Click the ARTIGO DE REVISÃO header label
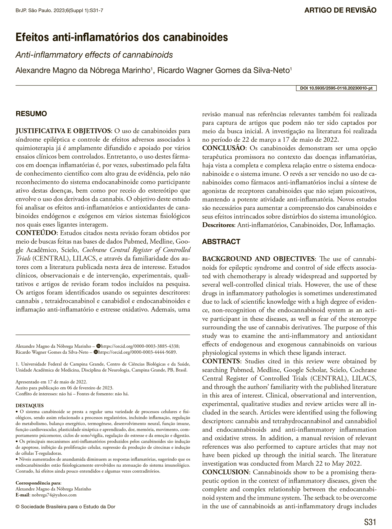(340, 11)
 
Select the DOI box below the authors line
(336, 88)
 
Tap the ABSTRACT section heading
(221, 241)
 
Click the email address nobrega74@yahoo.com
(54, 495)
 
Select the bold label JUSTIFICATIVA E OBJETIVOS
(64, 131)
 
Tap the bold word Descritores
(218, 225)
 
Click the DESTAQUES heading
(30, 405)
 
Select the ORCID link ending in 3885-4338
(141, 346)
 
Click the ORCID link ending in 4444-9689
(137, 352)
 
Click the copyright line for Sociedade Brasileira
(66, 507)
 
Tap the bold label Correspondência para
(38, 483)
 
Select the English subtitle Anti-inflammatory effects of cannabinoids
(94, 55)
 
